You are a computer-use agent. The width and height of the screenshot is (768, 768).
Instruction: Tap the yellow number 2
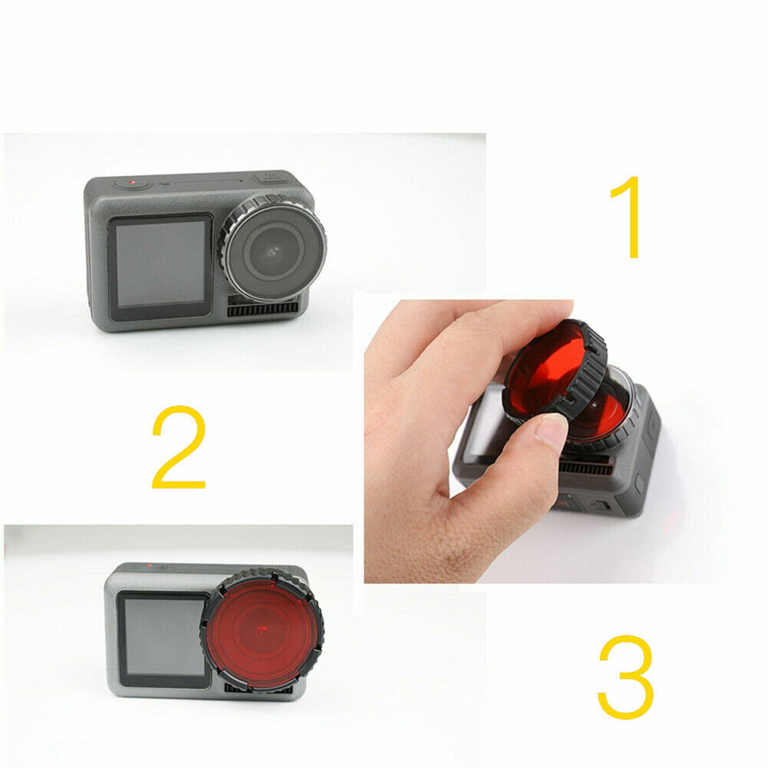pyautogui.click(x=178, y=447)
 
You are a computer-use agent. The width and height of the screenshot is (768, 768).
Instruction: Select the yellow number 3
pyautogui.click(x=626, y=677)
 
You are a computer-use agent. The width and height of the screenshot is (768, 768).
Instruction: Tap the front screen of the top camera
pyautogui.click(x=161, y=266)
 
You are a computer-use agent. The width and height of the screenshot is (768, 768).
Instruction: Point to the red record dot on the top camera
pyautogui.click(x=132, y=184)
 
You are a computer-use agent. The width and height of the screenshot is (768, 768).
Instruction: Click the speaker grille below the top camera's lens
pyautogui.click(x=263, y=309)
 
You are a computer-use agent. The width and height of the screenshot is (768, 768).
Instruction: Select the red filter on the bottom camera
pyautogui.click(x=262, y=631)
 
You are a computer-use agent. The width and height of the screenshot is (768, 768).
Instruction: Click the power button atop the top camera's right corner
pyautogui.click(x=269, y=177)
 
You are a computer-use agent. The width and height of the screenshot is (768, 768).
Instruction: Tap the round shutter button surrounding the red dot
pyautogui.click(x=132, y=184)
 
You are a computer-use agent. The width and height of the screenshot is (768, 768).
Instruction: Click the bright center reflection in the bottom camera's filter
pyautogui.click(x=262, y=628)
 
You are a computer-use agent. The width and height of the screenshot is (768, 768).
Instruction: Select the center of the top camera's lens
pyautogui.click(x=273, y=251)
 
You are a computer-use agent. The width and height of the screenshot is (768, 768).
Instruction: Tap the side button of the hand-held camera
pyautogui.click(x=639, y=485)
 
